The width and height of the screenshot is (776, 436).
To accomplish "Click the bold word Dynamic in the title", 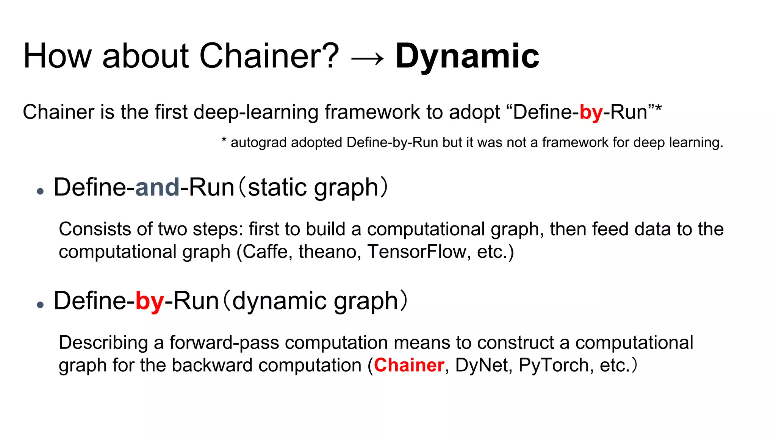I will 467,56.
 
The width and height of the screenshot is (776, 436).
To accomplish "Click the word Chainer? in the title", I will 269,56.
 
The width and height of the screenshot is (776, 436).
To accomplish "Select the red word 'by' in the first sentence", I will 591,113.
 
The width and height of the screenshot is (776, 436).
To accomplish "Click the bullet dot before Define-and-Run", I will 41,191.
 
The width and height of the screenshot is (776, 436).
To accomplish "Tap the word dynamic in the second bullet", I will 279,301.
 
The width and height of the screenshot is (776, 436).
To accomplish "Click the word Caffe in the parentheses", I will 265,252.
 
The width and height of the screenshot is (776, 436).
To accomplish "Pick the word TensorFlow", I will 416,252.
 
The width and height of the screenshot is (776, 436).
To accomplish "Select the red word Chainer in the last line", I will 409,365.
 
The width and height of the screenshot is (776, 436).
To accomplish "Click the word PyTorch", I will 553,365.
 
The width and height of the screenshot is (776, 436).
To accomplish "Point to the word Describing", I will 103,343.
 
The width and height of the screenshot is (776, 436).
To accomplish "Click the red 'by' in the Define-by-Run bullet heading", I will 149,302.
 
